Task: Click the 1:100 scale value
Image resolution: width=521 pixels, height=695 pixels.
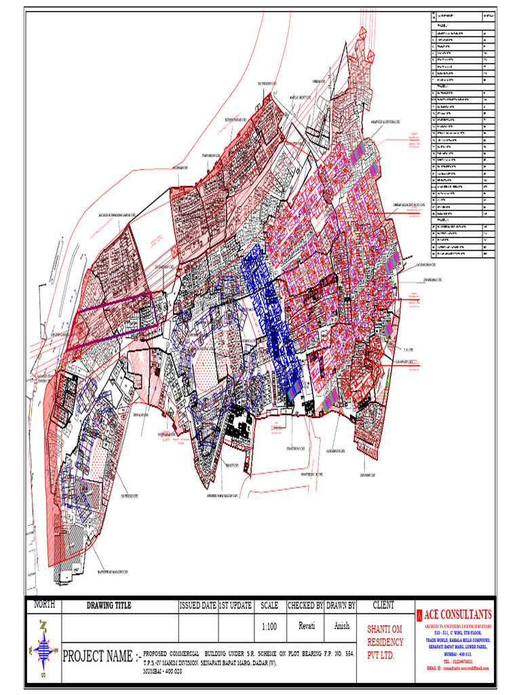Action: point(269,627)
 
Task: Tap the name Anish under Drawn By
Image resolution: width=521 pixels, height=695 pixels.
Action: point(341,626)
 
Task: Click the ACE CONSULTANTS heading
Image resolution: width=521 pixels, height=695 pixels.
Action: point(459,614)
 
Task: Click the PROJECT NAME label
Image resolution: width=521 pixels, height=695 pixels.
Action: point(101,657)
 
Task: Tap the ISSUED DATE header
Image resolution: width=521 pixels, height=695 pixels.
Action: point(198,605)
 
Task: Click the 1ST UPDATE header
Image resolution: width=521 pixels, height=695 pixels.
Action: point(235,605)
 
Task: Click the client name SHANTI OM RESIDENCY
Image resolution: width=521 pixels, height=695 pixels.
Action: point(385,641)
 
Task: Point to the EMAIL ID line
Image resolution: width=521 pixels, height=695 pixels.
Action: point(459,669)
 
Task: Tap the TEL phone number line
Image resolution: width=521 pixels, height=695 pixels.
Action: point(458,660)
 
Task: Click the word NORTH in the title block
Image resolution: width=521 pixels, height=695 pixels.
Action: point(44,604)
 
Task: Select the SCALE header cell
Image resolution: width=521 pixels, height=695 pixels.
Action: point(269,605)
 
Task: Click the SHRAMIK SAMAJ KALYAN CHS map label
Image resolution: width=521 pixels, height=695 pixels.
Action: point(223,495)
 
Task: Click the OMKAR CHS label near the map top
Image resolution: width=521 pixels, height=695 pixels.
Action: point(320,81)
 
